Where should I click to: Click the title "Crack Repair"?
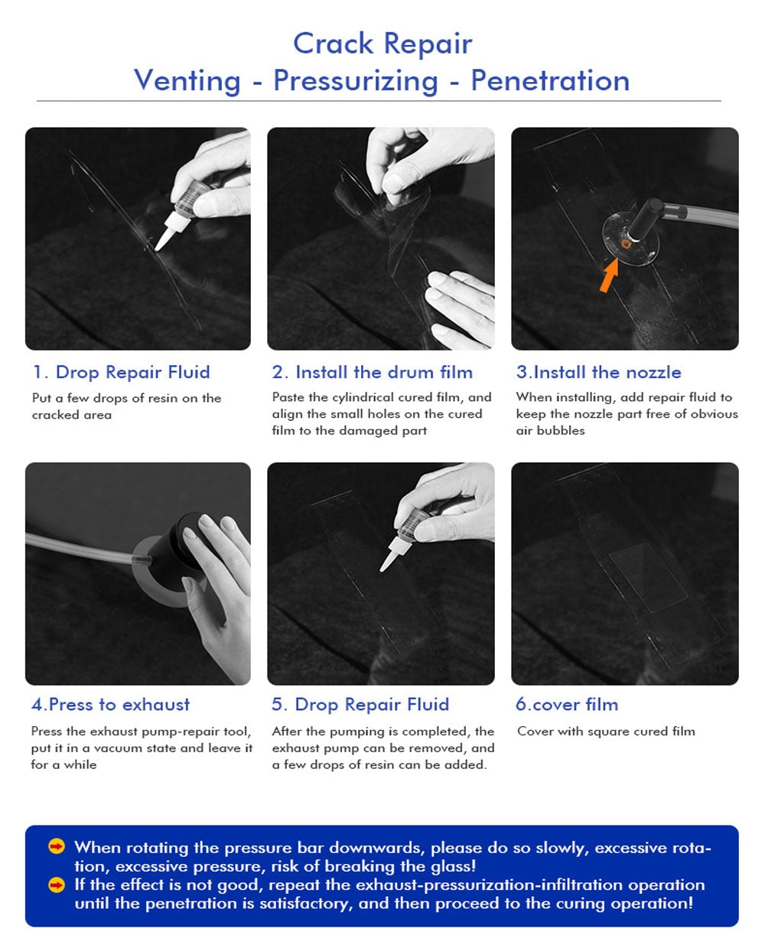click(x=382, y=44)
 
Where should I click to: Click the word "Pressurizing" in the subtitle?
click(x=355, y=82)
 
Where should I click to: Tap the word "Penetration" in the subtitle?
click(x=550, y=81)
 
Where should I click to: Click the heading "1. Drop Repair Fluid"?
click(x=121, y=372)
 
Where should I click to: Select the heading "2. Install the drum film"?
click(x=372, y=372)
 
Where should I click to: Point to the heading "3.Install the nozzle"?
click(x=598, y=372)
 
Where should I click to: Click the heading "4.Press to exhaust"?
click(x=110, y=704)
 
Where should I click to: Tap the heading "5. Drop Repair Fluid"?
click(x=360, y=704)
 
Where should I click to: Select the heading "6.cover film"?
click(x=567, y=704)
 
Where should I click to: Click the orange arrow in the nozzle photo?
click(x=610, y=275)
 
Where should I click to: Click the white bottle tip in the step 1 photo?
click(x=165, y=236)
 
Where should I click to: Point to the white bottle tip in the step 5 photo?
click(x=390, y=559)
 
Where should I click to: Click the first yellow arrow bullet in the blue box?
click(x=57, y=846)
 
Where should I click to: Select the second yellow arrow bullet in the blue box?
click(x=57, y=885)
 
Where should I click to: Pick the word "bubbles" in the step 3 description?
click(x=561, y=430)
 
